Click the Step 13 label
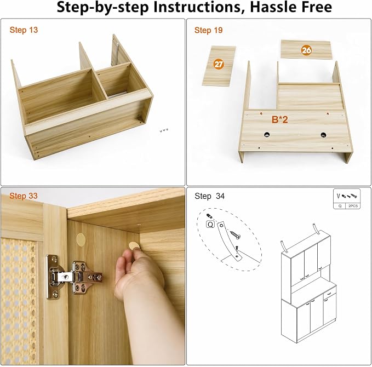(24, 30)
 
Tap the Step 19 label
(209, 30)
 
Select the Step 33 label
(24, 196)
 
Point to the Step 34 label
(209, 196)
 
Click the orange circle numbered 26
(306, 50)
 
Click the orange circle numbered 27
(219, 64)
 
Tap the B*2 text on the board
(280, 119)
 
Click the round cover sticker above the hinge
(81, 239)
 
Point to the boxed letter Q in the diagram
(210, 224)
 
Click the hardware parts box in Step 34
(347, 199)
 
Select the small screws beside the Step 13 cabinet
(164, 130)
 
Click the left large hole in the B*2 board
(267, 135)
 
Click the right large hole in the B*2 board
(323, 135)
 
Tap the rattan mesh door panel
(19, 301)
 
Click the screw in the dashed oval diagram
(235, 235)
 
